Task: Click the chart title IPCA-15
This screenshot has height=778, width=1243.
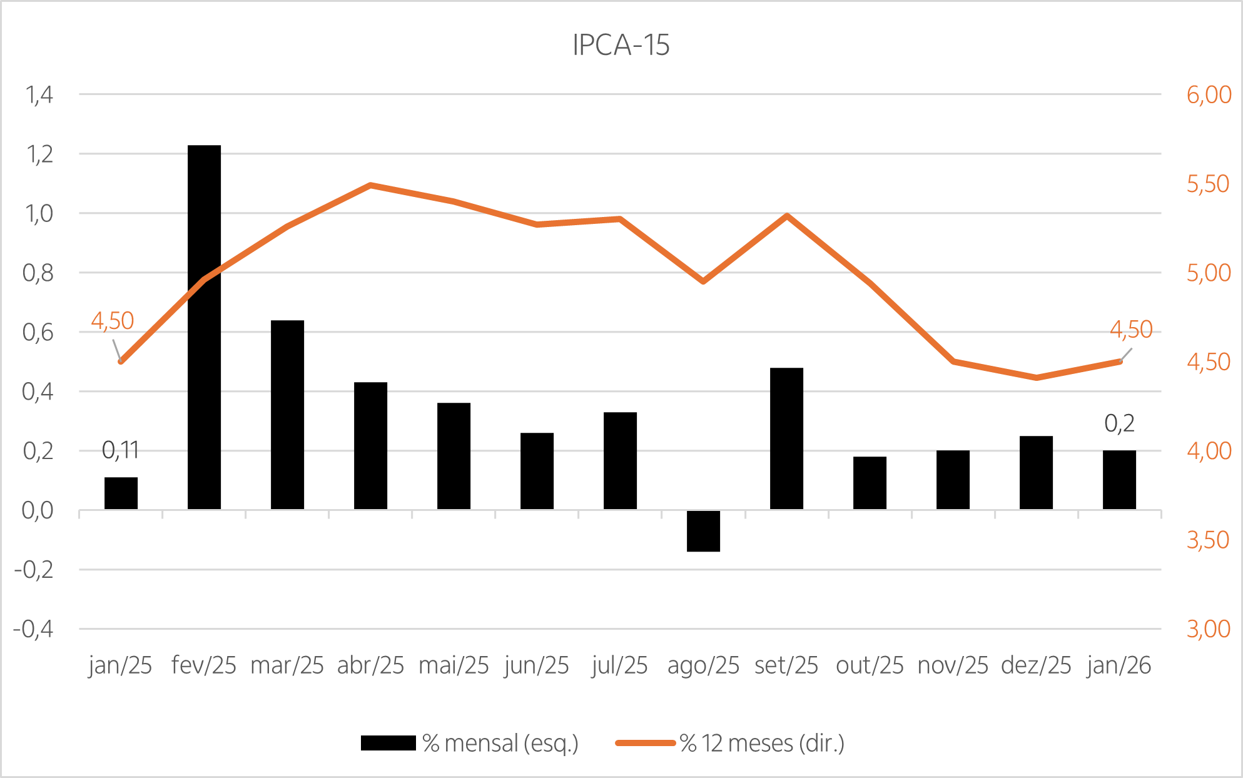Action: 621,45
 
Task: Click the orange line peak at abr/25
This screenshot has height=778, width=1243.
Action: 370,185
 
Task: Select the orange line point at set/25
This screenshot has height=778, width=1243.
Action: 788,216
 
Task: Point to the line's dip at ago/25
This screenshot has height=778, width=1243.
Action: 704,281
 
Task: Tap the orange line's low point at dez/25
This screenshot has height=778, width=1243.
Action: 1037,377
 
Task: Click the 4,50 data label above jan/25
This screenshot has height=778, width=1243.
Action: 113,321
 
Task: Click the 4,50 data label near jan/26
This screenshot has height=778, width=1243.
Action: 1131,330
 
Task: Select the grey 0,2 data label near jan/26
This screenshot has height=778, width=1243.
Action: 1119,424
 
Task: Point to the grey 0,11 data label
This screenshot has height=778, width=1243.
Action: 120,450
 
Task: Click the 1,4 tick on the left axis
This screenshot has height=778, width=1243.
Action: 39,95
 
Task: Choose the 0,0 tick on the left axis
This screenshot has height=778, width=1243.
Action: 38,511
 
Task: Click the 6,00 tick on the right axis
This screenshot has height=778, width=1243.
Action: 1209,95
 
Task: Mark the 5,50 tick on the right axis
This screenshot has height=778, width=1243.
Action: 1209,184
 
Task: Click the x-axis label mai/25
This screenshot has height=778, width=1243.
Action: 454,665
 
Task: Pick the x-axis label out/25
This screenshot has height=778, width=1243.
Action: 870,665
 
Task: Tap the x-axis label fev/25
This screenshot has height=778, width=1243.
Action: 204,665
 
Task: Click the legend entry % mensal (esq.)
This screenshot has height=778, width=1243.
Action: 500,744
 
